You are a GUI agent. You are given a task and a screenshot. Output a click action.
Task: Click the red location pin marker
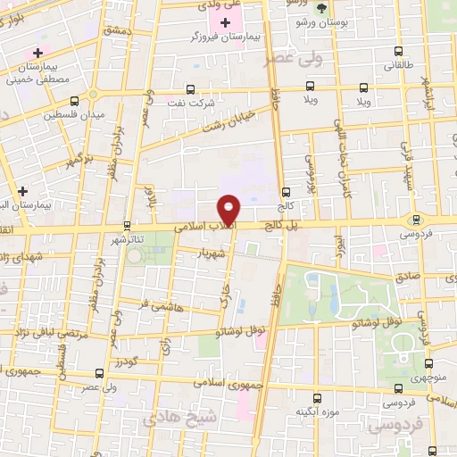tap(230, 210)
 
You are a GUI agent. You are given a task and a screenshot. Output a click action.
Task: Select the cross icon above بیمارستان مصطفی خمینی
tap(37, 54)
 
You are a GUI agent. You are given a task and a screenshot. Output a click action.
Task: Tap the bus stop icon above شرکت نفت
tap(189, 89)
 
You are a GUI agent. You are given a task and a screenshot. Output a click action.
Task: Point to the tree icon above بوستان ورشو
tap(321, 6)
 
